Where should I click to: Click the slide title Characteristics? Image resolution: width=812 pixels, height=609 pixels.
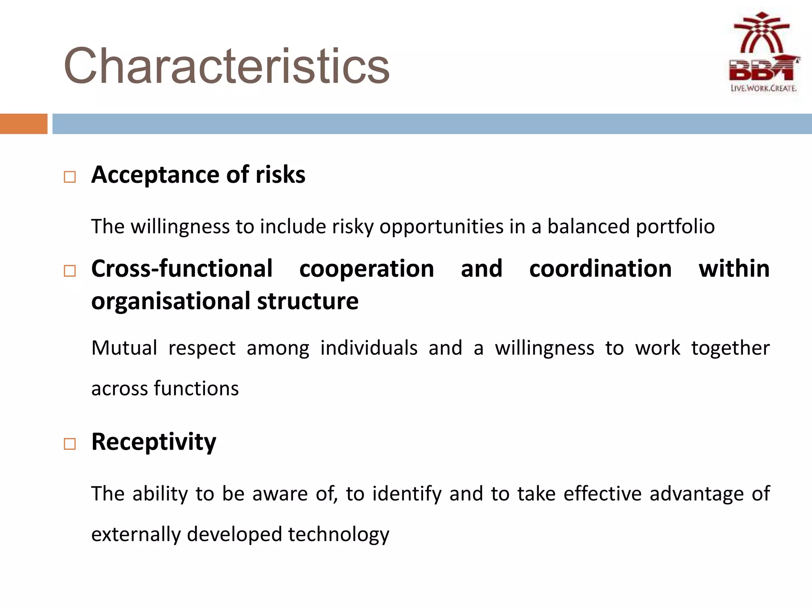(x=226, y=66)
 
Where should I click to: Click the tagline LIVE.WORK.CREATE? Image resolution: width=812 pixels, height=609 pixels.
(x=763, y=88)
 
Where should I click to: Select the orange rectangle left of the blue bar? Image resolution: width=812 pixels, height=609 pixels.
(x=23, y=124)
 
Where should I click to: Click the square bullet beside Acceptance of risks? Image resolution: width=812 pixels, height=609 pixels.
(x=70, y=177)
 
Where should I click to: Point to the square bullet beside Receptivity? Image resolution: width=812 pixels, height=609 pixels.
(x=70, y=444)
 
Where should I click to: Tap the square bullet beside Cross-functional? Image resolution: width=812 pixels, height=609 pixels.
(x=70, y=271)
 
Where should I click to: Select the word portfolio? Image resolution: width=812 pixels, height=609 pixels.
(x=675, y=227)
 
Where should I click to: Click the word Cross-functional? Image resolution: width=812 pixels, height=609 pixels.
(x=182, y=269)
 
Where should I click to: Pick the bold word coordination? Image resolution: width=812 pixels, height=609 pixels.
(x=600, y=269)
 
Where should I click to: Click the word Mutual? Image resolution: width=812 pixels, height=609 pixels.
(x=124, y=348)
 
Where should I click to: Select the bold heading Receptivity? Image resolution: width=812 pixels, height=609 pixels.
(x=154, y=442)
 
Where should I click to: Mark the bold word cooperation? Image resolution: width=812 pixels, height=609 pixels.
(x=366, y=269)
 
